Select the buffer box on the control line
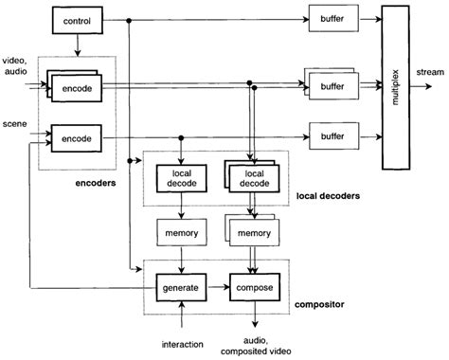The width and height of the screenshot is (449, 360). pyautogui.click(x=332, y=20)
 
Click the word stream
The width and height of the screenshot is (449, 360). pyautogui.click(x=429, y=72)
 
